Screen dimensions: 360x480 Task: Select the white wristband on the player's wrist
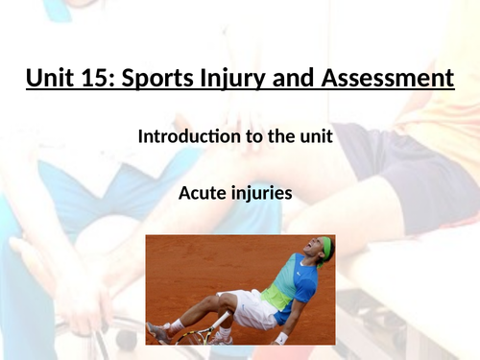tap(280, 337)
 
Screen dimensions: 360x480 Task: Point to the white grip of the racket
tap(215, 323)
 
